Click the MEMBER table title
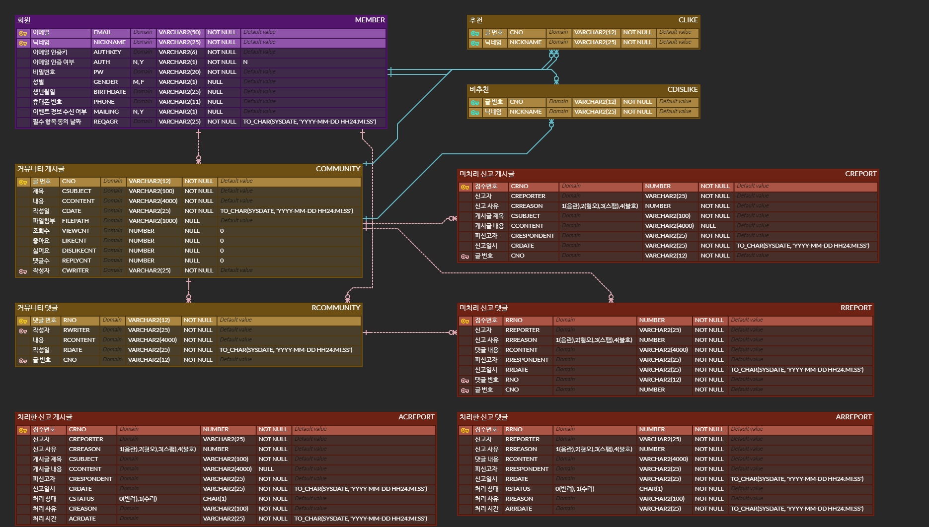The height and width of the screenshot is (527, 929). [x=370, y=20]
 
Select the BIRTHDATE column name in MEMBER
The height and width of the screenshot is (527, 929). [x=109, y=92]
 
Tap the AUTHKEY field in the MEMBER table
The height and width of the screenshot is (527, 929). [x=107, y=52]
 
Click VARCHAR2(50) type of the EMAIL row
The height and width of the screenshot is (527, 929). [x=179, y=32]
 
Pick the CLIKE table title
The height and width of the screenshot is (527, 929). [x=688, y=20]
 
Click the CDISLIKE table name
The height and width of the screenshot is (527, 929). [x=682, y=89]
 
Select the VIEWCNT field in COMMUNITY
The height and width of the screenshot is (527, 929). [x=76, y=231]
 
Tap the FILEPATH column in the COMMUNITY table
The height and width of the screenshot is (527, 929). [x=75, y=221]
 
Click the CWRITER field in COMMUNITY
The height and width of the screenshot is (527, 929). [x=75, y=270]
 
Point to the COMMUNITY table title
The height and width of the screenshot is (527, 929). [x=338, y=169]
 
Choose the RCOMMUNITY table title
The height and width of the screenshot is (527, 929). [x=335, y=308]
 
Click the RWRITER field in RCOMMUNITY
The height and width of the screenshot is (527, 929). [x=76, y=330]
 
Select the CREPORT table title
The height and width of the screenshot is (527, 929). [x=860, y=174]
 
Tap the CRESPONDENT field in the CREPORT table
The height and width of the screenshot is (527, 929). [x=532, y=236]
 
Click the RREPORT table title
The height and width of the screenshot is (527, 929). [x=855, y=308]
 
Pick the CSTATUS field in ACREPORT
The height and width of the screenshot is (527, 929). [x=81, y=499]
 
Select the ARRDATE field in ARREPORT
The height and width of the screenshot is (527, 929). [x=518, y=509]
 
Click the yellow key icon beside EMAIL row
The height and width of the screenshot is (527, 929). [x=23, y=33]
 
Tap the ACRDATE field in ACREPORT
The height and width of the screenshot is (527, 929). [x=82, y=519]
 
